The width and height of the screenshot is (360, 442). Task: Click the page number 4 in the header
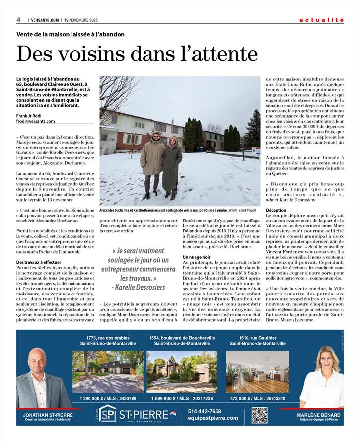tap(18, 20)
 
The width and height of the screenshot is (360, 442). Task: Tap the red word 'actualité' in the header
tap(321, 20)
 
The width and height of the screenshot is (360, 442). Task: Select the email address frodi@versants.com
tap(36, 121)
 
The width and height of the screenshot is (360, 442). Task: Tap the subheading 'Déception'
tap(276, 210)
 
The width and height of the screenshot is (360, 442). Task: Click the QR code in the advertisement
tap(260, 415)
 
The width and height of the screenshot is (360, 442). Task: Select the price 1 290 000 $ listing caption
tap(108, 398)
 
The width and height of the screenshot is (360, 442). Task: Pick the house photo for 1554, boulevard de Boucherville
tap(182, 372)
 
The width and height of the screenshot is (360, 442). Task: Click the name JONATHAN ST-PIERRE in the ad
tap(48, 415)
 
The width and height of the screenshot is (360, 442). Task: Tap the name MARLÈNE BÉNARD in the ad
tap(319, 415)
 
